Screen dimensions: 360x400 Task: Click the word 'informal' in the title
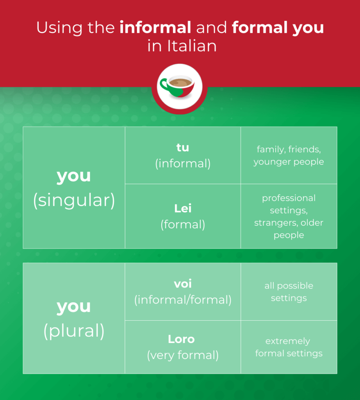pos(155,27)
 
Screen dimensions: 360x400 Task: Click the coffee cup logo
pos(180,87)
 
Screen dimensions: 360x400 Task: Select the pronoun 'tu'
pos(183,147)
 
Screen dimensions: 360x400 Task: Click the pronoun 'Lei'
pos(183,209)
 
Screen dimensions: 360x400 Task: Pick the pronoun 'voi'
pos(183,284)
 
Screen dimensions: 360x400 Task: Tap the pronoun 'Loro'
pos(181,339)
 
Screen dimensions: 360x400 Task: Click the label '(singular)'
pos(74,200)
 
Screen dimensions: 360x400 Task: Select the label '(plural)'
pos(74,331)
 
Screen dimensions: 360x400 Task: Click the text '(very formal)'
pos(183,355)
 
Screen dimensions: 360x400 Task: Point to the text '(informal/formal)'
pos(183,300)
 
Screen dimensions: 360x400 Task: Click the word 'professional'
pos(289,198)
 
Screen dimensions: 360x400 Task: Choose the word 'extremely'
pos(288,341)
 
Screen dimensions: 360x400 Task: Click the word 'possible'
pos(295,286)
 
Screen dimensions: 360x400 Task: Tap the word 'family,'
pos(271,150)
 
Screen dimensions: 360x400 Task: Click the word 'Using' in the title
pos(59,28)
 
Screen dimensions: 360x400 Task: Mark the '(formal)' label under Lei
pos(183,225)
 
